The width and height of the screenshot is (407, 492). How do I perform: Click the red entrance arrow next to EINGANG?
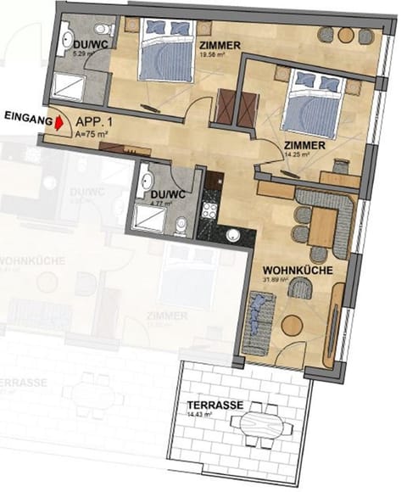60,123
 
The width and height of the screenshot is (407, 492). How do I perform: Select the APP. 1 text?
95,121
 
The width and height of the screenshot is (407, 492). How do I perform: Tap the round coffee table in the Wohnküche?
292,324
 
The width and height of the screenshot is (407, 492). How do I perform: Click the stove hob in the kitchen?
208,204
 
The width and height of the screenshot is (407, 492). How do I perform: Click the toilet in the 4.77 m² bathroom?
181,224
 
